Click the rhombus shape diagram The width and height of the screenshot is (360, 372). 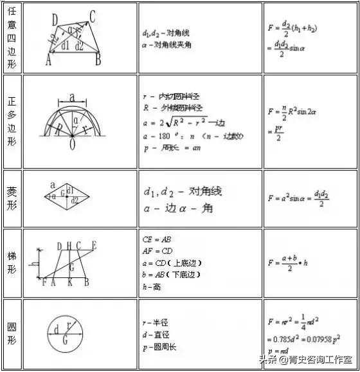71,200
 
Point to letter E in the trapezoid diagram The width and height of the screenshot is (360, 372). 94,245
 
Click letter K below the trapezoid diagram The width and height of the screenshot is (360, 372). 69,282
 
